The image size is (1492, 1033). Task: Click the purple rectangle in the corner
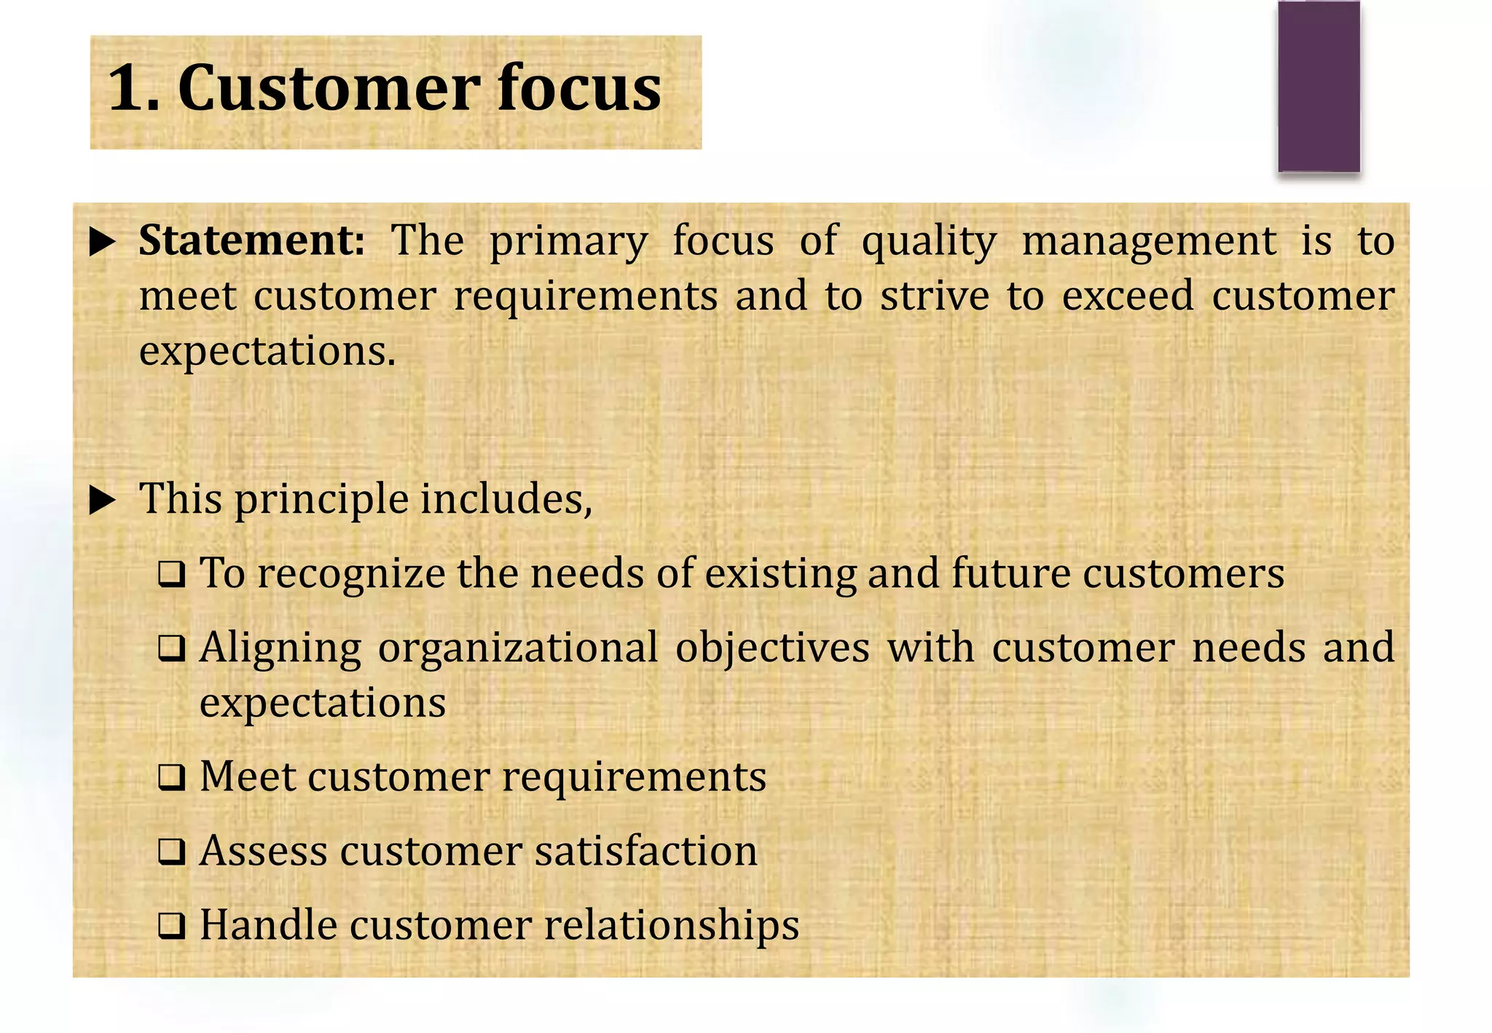coord(1319,86)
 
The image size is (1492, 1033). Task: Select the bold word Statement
coord(251,240)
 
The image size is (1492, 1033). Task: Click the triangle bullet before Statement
coord(103,242)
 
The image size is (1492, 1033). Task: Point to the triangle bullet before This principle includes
coord(103,500)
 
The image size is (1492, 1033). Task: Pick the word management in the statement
coord(1149,240)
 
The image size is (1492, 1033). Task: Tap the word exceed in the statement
coord(1128,296)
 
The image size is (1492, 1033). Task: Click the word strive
coord(935,296)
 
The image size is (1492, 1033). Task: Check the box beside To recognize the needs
coord(172,576)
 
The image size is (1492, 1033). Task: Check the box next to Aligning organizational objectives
coord(172,648)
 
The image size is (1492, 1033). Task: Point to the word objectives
coord(772,648)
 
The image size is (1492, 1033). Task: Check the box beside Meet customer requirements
coord(172,778)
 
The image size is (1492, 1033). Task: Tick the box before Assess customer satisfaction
coord(172,852)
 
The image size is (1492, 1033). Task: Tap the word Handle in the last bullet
coord(269,925)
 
